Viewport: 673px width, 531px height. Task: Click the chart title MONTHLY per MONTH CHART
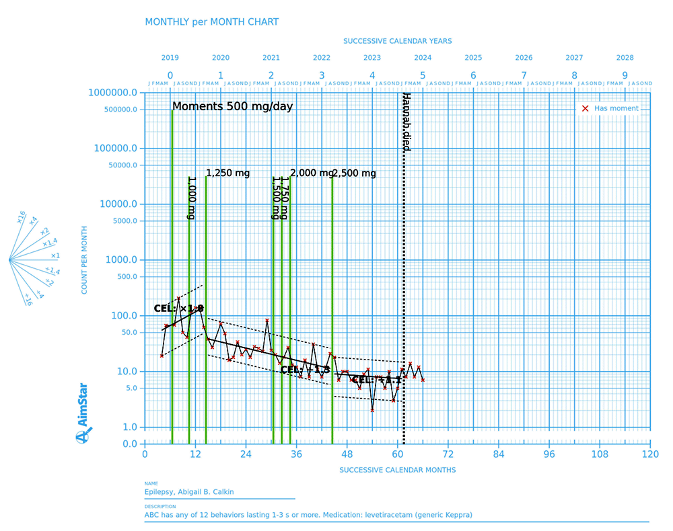[211, 22]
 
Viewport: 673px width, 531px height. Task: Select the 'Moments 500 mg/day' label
[232, 106]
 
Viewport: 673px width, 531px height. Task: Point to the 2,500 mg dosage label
[354, 173]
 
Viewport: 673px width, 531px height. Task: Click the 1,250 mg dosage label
[227, 173]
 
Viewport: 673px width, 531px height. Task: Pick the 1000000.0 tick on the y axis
[118, 93]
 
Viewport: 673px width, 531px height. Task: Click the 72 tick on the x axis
[448, 454]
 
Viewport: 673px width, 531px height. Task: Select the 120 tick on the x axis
[650, 454]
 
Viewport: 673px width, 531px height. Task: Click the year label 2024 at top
[423, 58]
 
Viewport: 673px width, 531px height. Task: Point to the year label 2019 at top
[170, 58]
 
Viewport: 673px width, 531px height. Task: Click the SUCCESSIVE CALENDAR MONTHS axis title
[397, 470]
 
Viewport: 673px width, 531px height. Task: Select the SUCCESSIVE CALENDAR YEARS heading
[397, 41]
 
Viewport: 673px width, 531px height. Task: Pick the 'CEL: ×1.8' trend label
[178, 309]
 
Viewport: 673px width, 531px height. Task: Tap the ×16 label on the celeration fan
[21, 216]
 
